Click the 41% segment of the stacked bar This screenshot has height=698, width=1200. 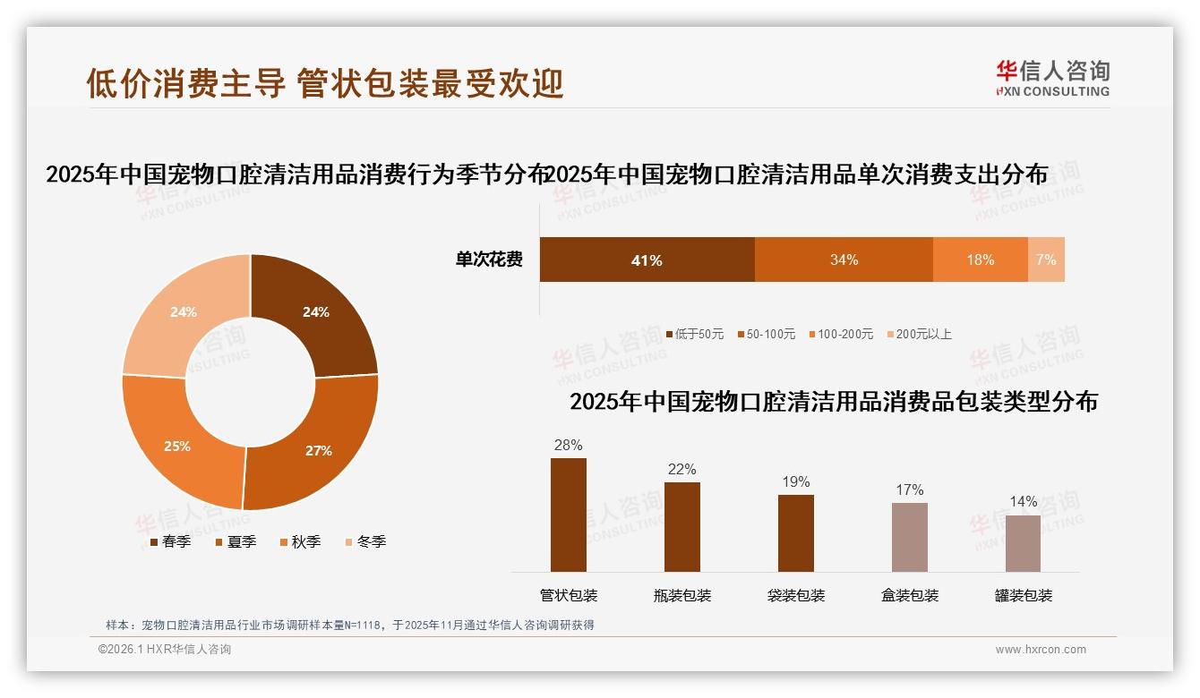pyautogui.click(x=647, y=260)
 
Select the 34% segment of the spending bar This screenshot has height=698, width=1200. pyautogui.click(x=844, y=260)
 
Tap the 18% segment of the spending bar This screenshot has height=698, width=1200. pyautogui.click(x=980, y=260)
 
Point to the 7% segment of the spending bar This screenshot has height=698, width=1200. pyautogui.click(x=1046, y=260)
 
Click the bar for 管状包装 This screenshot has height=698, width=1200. pyautogui.click(x=569, y=515)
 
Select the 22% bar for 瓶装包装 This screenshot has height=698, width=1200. pyautogui.click(x=682, y=527)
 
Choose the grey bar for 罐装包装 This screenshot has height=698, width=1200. pyautogui.click(x=1023, y=543)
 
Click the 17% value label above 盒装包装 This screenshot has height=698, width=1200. pyautogui.click(x=909, y=489)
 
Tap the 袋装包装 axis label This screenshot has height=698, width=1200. pyautogui.click(x=796, y=596)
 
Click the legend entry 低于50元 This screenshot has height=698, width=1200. pyautogui.click(x=695, y=334)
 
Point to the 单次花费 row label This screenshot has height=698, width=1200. pyautogui.click(x=489, y=260)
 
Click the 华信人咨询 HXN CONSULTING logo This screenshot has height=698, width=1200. pyautogui.click(x=1052, y=79)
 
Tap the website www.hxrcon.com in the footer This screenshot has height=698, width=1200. pyautogui.click(x=1041, y=650)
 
